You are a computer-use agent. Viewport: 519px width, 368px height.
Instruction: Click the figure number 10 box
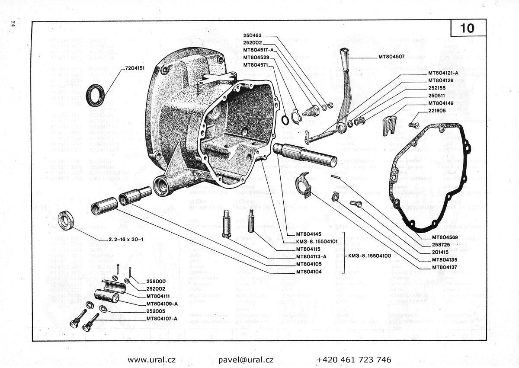[468, 29]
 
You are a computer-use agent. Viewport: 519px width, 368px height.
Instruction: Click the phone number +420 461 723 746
[354, 360]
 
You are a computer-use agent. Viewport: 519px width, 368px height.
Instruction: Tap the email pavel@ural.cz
[246, 360]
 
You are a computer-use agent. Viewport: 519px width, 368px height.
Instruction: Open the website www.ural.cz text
[152, 360]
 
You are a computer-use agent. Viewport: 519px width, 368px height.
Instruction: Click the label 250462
[255, 35]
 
